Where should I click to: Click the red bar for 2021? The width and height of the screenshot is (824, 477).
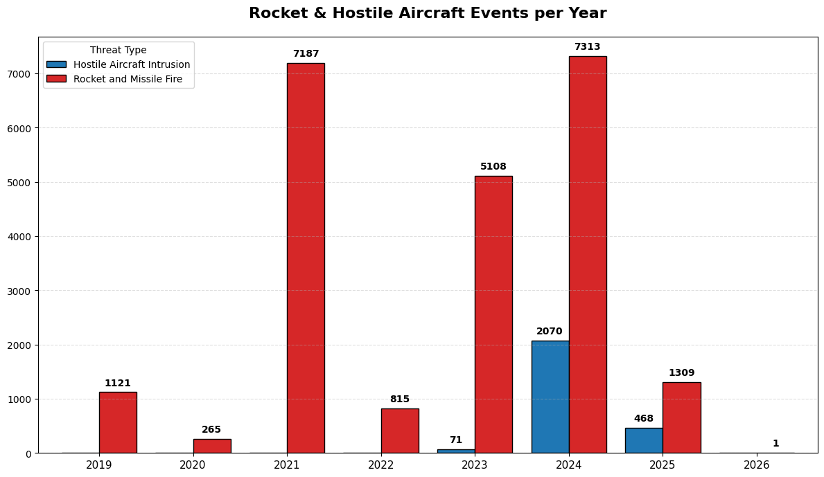click(x=306, y=258)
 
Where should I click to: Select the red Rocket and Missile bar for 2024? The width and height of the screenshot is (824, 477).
click(x=588, y=254)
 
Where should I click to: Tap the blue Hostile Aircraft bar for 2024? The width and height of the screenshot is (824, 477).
click(x=550, y=397)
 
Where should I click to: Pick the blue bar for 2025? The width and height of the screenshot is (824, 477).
click(x=644, y=440)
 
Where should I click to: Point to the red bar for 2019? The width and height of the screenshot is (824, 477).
click(x=118, y=422)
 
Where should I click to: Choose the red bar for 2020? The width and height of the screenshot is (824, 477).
click(x=212, y=446)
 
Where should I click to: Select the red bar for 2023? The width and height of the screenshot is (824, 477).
click(x=493, y=314)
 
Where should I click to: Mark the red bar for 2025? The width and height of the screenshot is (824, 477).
click(x=681, y=417)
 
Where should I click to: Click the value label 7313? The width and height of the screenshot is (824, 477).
click(x=588, y=47)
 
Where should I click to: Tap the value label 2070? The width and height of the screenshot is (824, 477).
click(x=550, y=332)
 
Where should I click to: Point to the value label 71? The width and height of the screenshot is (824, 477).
click(x=455, y=440)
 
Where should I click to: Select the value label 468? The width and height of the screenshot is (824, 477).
click(x=644, y=419)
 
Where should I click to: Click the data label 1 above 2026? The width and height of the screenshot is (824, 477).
click(x=775, y=444)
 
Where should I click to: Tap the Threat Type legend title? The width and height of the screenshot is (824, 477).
click(x=119, y=51)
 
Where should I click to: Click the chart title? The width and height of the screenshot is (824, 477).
click(x=428, y=13)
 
